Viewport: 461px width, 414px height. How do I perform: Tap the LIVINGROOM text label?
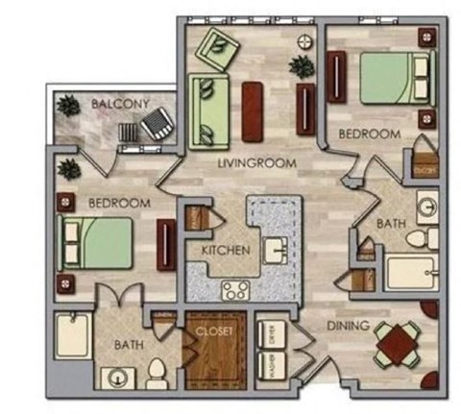[256, 163]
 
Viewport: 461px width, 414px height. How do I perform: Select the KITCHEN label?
[226, 251]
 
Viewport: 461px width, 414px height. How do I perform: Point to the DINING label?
[348, 327]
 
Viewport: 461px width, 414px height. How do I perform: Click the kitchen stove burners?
[234, 288]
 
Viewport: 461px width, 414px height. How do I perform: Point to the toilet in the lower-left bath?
[157, 372]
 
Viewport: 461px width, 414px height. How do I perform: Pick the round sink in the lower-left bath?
[119, 377]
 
